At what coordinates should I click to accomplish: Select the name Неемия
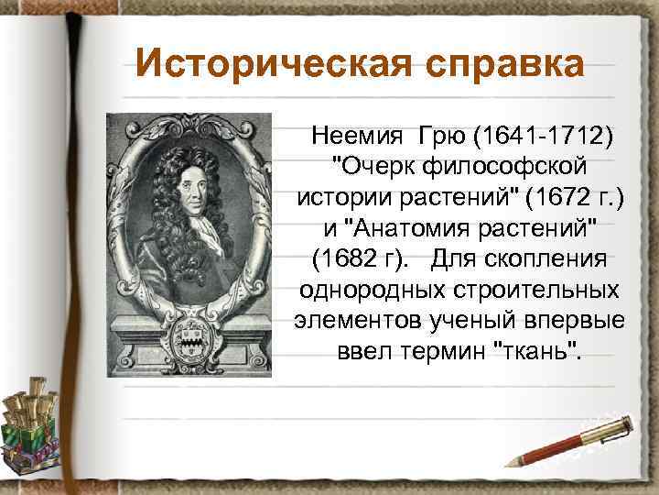pos(353,137)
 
